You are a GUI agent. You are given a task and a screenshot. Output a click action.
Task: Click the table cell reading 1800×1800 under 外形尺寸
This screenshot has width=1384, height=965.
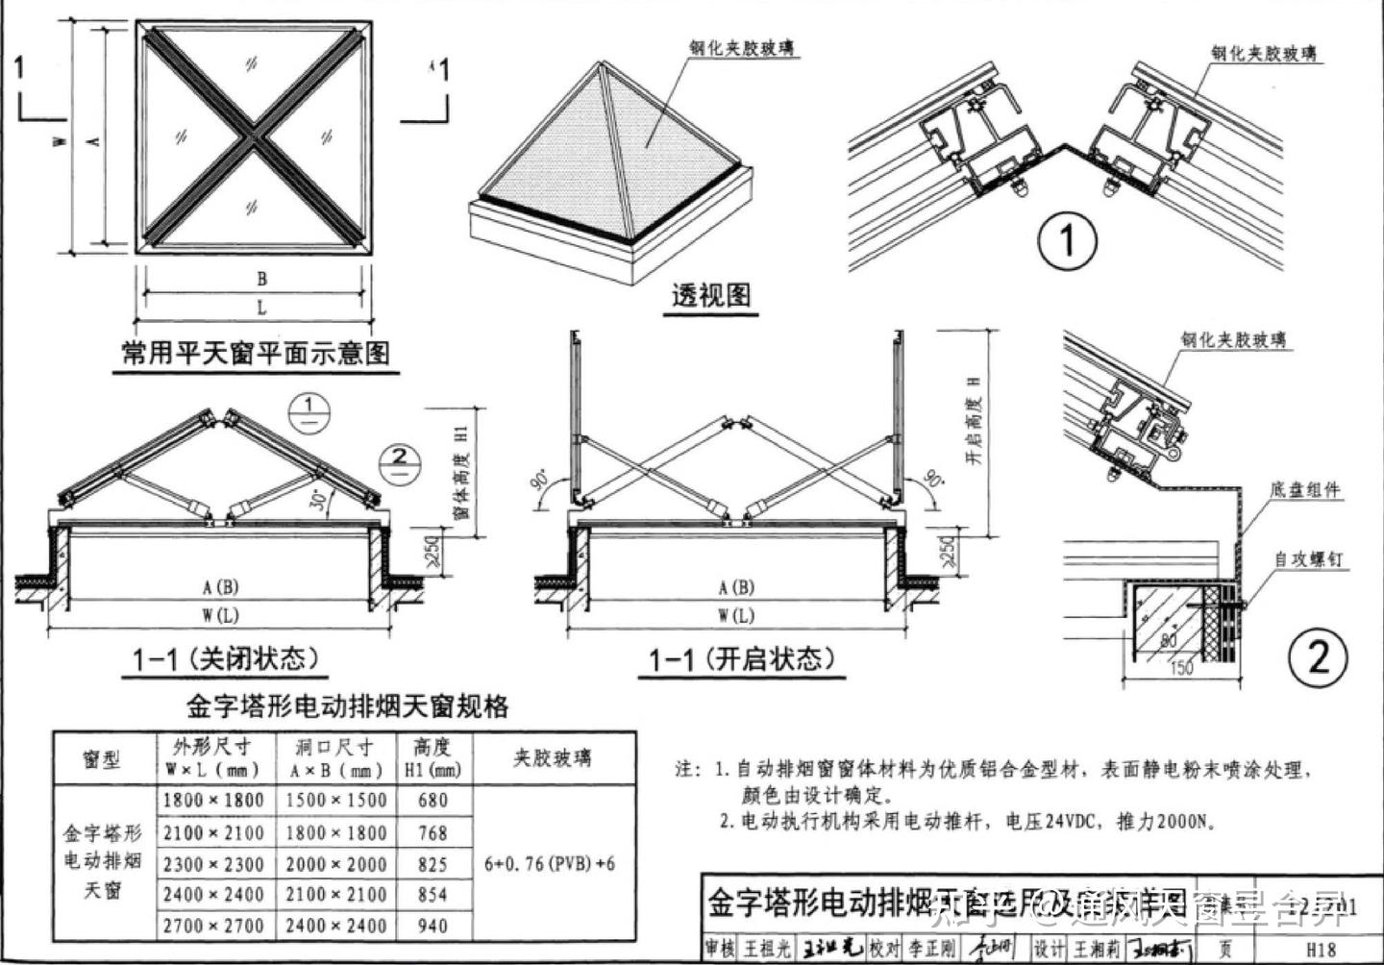point(212,800)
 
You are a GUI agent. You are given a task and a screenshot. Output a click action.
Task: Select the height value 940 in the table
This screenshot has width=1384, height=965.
point(432,926)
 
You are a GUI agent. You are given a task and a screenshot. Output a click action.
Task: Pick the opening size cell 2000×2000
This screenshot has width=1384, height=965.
point(334,863)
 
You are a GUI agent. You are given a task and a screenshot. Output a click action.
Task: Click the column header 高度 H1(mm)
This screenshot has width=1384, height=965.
point(432,757)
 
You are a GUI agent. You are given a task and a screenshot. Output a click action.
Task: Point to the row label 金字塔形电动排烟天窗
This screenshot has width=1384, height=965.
point(102,861)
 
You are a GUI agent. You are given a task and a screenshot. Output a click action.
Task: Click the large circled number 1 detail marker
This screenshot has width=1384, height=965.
point(1068,240)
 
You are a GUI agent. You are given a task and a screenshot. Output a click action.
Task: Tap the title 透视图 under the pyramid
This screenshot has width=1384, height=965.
point(710,294)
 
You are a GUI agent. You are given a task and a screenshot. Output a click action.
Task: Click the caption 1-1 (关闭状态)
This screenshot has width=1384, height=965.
point(225,659)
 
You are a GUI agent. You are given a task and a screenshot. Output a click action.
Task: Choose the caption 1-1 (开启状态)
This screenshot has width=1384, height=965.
point(741,659)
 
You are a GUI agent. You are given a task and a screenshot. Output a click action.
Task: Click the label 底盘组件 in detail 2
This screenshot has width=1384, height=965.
point(1304,490)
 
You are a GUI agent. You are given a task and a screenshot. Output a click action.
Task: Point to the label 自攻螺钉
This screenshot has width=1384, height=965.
point(1307,558)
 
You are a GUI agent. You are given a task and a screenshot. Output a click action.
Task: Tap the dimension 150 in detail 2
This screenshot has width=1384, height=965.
point(1180,668)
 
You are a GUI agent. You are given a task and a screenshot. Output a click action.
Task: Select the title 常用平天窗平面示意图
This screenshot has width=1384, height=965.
point(256,353)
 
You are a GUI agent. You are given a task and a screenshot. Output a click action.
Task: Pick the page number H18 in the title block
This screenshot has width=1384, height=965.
point(1322,950)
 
